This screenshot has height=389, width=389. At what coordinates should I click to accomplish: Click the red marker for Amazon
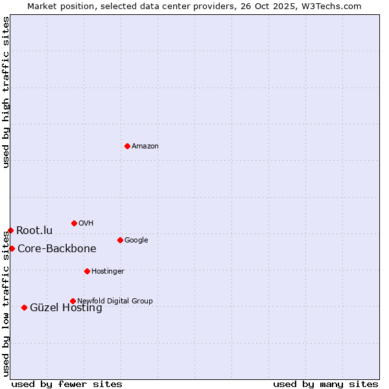click(127, 146)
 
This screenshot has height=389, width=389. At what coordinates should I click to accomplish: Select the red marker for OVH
click(74, 223)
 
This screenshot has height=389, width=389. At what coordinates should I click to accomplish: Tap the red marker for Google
click(120, 240)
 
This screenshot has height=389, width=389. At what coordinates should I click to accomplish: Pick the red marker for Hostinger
click(87, 271)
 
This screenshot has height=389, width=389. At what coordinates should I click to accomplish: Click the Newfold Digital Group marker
click(73, 301)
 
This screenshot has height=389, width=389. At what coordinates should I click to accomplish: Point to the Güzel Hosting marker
click(24, 307)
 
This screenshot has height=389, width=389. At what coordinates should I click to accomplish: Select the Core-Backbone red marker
click(12, 248)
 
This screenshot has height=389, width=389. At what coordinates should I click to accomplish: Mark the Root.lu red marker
click(10, 230)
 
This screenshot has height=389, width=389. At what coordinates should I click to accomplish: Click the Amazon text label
click(145, 147)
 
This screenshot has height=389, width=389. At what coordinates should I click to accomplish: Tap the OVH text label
click(86, 224)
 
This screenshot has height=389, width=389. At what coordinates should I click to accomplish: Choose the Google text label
click(136, 241)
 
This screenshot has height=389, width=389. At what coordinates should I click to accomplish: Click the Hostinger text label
click(108, 272)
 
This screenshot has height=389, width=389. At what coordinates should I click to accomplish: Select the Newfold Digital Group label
click(115, 301)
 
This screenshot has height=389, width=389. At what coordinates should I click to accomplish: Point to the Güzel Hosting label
click(66, 308)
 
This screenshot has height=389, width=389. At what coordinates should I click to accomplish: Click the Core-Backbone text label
click(57, 249)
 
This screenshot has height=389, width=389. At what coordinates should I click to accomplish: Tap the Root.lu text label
click(34, 231)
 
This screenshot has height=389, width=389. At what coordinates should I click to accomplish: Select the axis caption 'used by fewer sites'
click(67, 384)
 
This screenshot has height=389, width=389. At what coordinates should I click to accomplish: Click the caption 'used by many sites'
click(325, 384)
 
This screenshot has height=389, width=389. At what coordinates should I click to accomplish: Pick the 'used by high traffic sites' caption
click(6, 92)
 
